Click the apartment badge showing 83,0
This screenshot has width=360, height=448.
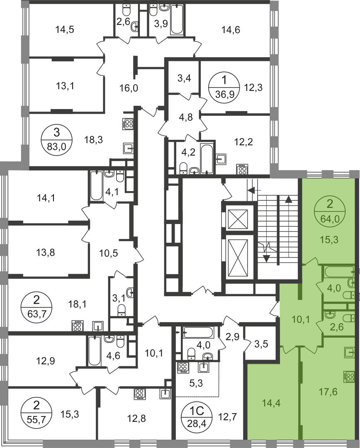tap(56, 140)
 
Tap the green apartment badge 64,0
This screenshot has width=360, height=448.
tap(330, 212)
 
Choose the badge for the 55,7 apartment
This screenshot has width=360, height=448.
tap(36, 413)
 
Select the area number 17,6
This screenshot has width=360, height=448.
tap(328, 392)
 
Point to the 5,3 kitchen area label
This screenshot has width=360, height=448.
tap(196, 383)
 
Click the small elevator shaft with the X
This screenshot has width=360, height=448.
tap(238, 219)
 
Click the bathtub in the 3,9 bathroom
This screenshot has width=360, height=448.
tap(176, 19)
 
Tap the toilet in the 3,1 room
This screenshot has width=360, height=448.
tap(122, 310)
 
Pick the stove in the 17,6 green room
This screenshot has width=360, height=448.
tap(349, 377)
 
